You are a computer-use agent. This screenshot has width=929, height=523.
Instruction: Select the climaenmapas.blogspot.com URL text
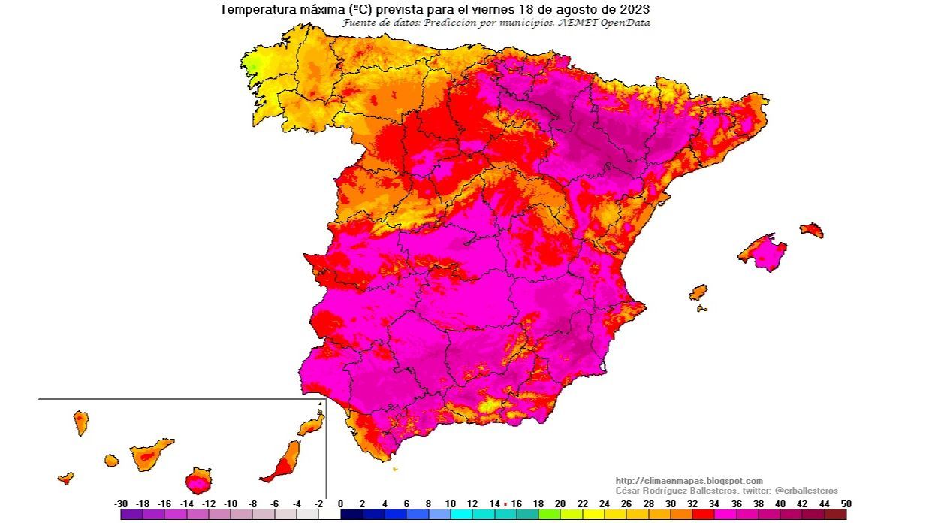689,481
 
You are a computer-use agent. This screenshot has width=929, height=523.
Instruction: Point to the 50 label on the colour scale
846,504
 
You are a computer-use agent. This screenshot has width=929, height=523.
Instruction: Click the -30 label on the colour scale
120,504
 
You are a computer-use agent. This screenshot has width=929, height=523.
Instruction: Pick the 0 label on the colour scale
340,504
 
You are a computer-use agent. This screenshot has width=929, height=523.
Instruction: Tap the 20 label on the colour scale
560,504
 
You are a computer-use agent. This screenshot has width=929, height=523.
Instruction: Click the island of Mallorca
765,252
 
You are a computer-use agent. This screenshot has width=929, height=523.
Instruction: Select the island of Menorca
812,230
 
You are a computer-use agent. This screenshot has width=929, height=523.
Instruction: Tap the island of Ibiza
698,292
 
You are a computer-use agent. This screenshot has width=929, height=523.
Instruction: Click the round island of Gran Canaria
198,479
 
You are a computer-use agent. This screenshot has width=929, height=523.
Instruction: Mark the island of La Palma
81,422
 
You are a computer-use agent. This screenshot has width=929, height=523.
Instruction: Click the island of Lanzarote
311,427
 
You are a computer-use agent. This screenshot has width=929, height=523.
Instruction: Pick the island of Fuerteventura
284,461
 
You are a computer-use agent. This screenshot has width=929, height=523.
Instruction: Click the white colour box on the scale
329,515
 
